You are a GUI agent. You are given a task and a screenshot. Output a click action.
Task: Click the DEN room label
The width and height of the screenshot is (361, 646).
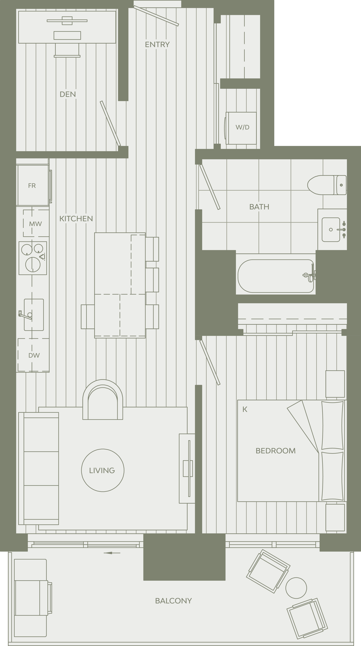pos(68,94)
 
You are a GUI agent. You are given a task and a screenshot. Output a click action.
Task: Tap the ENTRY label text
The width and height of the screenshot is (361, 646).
pos(157,45)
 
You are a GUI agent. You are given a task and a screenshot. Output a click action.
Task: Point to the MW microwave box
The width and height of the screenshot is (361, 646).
pos(36,223)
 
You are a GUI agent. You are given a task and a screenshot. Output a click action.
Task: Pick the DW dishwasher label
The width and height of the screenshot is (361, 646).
pos(34,355)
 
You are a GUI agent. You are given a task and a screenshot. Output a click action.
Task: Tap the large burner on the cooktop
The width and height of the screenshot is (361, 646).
pos(33,264)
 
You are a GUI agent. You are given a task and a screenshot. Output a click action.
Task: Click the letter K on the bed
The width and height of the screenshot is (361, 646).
pos(245,409)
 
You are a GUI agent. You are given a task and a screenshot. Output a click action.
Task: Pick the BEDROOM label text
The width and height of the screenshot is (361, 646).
pos(276,451)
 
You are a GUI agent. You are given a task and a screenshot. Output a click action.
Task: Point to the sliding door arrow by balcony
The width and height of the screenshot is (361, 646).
pos(112,553)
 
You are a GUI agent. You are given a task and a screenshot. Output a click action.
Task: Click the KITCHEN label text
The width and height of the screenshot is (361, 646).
pos(76,219)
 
